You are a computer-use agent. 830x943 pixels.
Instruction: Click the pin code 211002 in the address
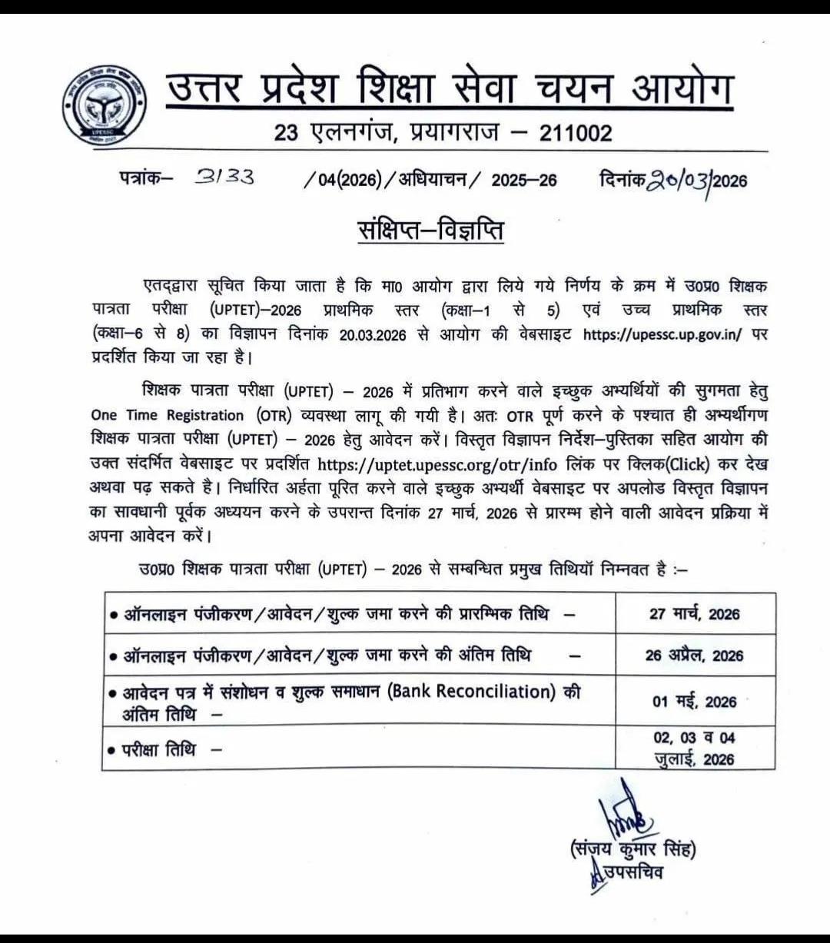click(576, 133)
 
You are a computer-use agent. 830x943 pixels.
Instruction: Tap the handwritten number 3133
click(224, 178)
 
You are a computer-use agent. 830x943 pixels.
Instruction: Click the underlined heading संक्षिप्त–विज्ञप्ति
click(430, 229)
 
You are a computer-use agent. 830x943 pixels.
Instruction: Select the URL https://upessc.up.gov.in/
click(662, 335)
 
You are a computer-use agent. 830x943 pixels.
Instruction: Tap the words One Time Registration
click(167, 415)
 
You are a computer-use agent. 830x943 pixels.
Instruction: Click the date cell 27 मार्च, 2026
click(695, 614)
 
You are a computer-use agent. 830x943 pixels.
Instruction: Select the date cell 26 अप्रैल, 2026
click(695, 656)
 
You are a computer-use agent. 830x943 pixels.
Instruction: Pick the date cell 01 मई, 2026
click(695, 702)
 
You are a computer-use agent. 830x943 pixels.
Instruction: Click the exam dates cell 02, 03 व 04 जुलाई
click(695, 749)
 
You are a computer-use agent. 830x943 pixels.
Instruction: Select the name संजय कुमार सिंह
click(632, 850)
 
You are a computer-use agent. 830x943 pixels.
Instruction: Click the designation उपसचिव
click(632, 872)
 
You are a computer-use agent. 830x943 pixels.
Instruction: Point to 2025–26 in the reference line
click(524, 181)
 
